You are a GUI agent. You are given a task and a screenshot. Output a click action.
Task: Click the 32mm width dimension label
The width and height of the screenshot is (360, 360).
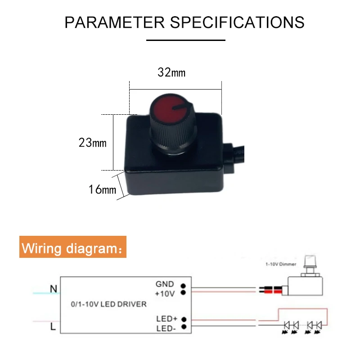[x=171, y=72]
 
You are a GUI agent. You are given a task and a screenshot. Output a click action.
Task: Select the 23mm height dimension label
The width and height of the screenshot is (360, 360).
[x=92, y=143]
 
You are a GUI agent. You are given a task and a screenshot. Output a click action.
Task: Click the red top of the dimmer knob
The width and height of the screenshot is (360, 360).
[x=171, y=110]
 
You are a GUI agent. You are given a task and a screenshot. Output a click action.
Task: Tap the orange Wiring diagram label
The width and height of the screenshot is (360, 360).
[x=73, y=248]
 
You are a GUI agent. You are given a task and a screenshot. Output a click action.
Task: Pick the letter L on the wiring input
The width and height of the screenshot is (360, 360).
[x=53, y=327]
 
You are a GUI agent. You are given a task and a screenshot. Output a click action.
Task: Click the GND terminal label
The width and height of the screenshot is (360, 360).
[x=164, y=284]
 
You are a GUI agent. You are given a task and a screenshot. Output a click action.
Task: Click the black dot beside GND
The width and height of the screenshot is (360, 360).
[x=184, y=285]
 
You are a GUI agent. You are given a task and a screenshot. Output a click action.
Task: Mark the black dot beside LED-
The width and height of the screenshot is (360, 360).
[x=184, y=328]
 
